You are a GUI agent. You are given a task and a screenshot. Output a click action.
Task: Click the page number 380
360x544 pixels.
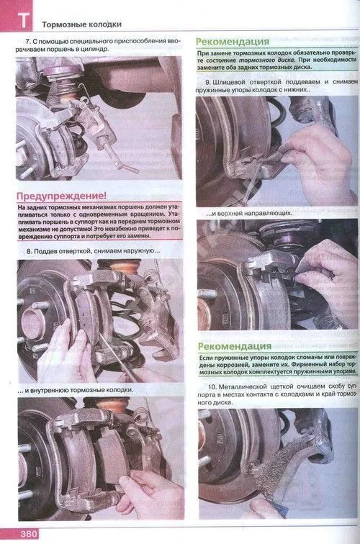[29, 534]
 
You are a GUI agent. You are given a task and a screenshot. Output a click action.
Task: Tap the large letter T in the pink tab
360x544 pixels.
[23, 20]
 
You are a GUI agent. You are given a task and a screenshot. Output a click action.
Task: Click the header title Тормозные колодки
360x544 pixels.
[81, 24]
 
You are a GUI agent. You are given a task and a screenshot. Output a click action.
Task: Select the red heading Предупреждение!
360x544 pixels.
[61, 196]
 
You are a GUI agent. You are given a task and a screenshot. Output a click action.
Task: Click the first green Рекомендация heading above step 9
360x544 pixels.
[233, 41]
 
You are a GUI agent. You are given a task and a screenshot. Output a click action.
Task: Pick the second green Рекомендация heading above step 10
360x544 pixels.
[235, 346]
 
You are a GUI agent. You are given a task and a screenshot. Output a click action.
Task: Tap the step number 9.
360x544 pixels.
[207, 82]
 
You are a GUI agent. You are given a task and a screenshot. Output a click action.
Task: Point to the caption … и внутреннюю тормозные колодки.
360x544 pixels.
[76, 390]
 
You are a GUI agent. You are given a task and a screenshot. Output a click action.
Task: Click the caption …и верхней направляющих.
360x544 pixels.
[249, 214]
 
